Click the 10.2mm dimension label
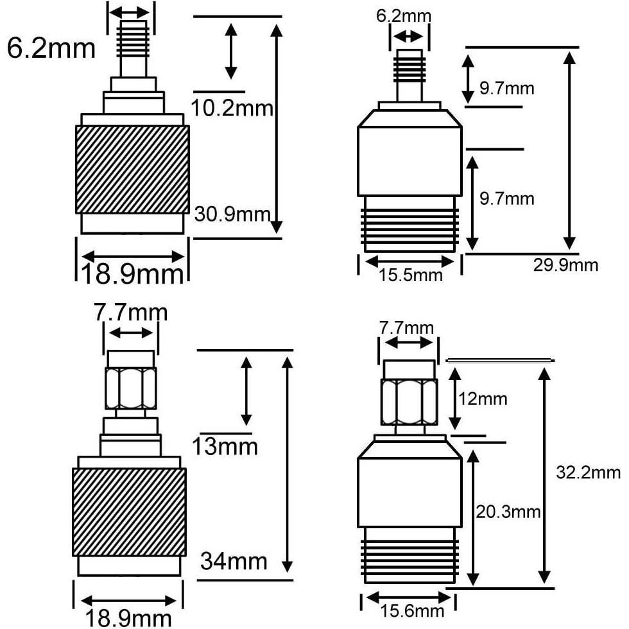(233, 108)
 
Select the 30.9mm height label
(232, 213)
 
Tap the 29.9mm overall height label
(565, 264)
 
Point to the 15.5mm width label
(411, 275)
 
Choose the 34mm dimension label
(234, 561)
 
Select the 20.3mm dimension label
(507, 512)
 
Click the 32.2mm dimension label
(589, 473)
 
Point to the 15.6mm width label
(411, 612)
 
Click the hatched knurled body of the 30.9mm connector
(133, 169)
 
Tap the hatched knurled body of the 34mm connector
(129, 512)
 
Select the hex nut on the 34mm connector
(131, 388)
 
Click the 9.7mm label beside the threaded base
(507, 198)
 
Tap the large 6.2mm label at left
(51, 48)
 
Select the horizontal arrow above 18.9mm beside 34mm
(128, 601)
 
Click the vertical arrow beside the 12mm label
(455, 401)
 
